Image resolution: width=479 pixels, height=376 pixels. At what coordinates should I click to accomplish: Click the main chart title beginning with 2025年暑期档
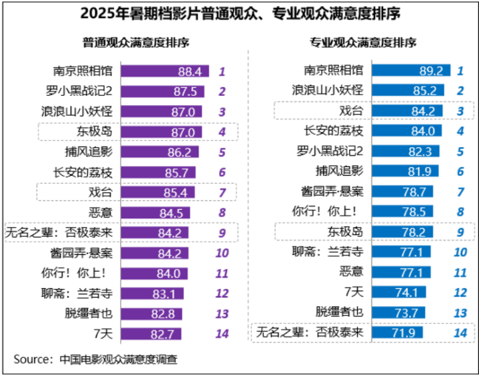click(x=240, y=13)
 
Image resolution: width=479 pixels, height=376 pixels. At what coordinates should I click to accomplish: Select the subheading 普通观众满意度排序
click(x=136, y=43)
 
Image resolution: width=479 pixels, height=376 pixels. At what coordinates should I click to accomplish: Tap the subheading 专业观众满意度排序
click(x=363, y=43)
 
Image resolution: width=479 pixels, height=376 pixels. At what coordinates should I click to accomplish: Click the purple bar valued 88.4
click(x=165, y=71)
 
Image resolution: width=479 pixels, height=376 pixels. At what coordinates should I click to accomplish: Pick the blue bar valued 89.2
click(x=412, y=70)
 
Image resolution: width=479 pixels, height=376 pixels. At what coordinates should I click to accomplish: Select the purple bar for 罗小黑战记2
click(x=163, y=91)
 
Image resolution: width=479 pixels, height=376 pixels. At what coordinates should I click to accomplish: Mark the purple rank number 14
click(x=222, y=333)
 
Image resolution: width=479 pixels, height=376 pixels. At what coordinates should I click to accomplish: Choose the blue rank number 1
click(x=460, y=70)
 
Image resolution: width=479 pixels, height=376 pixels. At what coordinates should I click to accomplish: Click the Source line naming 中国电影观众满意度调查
click(x=96, y=359)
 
